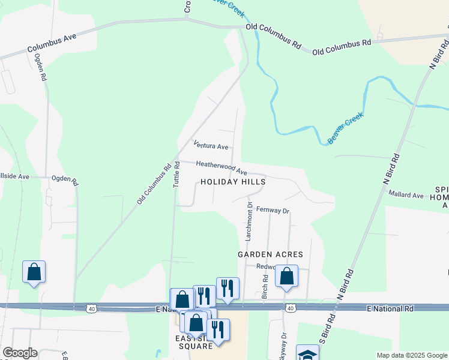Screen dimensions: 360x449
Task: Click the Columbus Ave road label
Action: tap(52, 44)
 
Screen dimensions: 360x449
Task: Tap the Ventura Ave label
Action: tap(211, 145)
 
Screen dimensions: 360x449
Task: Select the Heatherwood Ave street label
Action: tap(221, 167)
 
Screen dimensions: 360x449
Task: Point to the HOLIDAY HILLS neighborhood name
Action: tap(233, 181)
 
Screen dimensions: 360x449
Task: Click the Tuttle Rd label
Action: tap(177, 175)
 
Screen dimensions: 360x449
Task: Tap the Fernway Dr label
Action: tap(273, 211)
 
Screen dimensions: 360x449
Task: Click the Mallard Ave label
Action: tap(406, 194)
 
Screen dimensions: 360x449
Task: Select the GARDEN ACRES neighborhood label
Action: tap(270, 254)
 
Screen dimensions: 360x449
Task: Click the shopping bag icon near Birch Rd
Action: tap(286, 277)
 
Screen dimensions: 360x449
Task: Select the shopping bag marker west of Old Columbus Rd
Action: tap(34, 271)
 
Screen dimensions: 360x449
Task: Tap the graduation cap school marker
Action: tap(308, 355)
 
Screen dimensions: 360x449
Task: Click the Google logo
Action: tap(20, 353)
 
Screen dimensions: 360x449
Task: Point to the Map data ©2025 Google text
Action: tap(411, 355)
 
